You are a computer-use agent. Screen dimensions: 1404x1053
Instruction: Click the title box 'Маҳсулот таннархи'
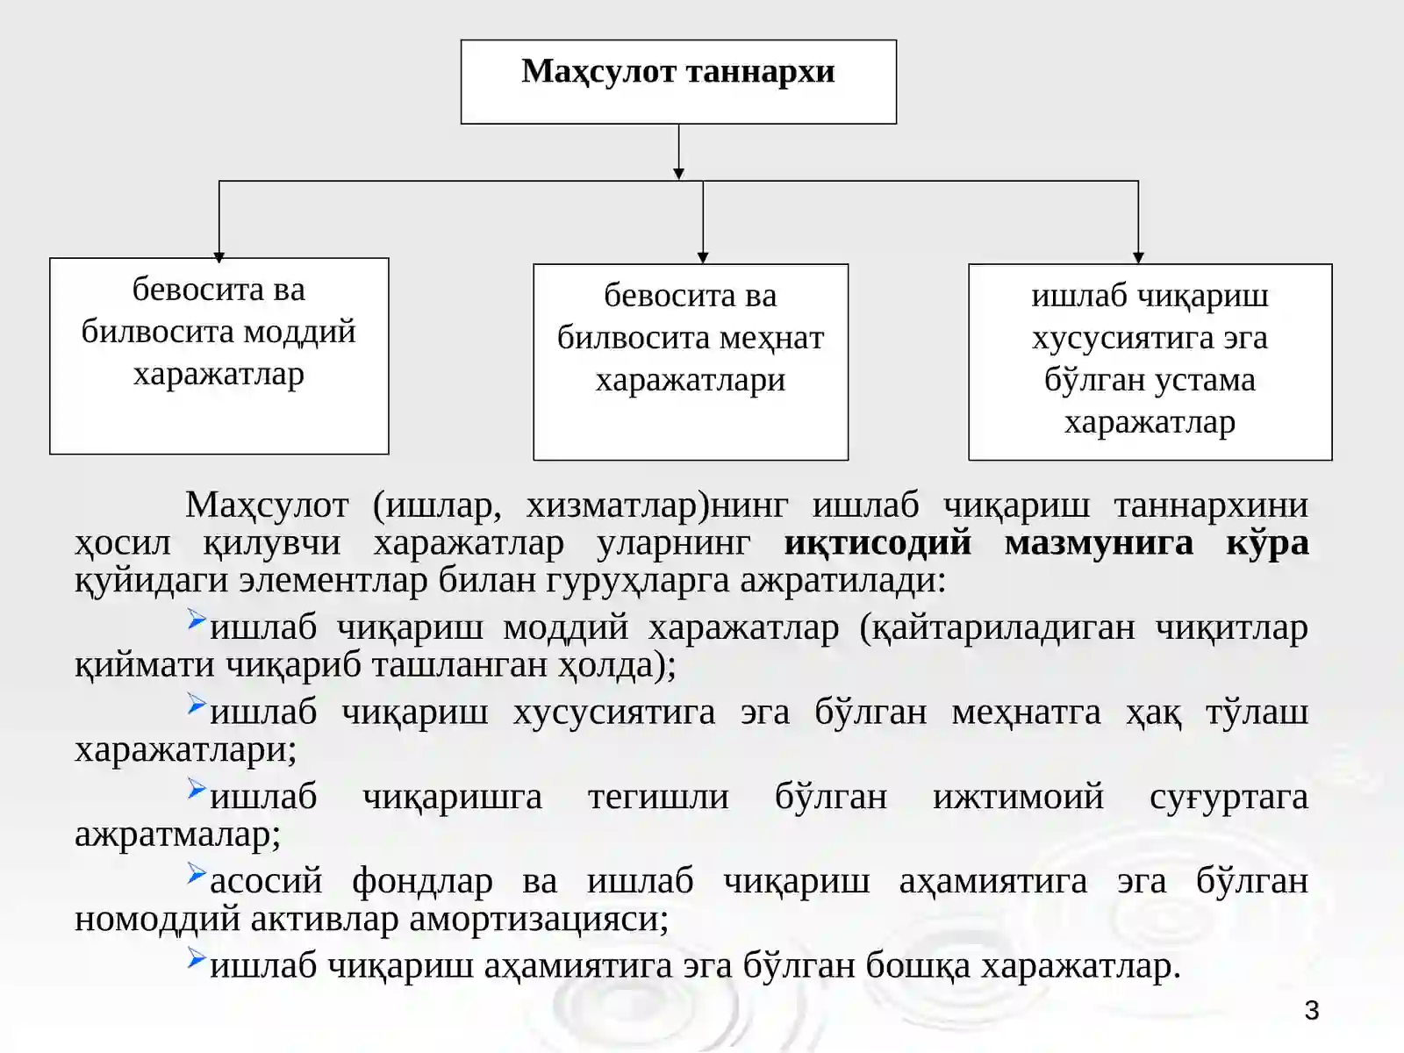coord(678,82)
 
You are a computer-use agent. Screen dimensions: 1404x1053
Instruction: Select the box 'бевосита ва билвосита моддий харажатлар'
coord(218,356)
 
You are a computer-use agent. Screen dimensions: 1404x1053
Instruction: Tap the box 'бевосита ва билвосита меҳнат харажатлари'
coord(691,362)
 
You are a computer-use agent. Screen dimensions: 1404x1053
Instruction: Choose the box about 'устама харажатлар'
coord(1150,362)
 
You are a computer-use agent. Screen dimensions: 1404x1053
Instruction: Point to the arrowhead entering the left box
coord(218,257)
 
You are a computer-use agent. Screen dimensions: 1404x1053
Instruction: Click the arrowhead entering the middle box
coord(703,258)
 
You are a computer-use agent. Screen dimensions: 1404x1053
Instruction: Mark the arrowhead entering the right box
coord(1138,258)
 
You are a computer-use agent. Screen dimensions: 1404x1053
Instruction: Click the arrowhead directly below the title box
coord(678,174)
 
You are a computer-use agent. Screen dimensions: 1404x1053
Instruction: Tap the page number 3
coord(1311,1010)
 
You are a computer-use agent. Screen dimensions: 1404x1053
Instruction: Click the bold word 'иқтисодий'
coord(877,543)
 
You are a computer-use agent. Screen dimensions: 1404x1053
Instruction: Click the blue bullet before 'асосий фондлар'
coord(197,873)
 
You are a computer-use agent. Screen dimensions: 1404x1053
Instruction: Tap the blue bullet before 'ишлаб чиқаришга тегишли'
coord(197,788)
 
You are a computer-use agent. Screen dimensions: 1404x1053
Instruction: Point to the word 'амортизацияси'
coord(539,920)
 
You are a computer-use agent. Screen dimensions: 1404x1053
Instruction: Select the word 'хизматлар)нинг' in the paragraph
coord(657,506)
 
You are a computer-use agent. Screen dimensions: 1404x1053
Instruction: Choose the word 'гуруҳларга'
coord(638,582)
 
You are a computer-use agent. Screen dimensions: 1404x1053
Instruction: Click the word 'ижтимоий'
coord(1018,797)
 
